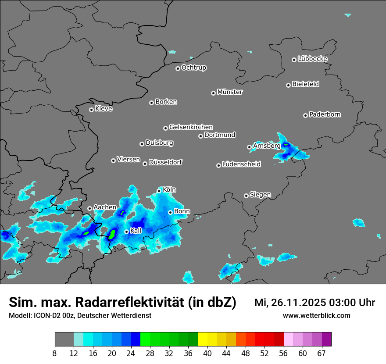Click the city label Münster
coord(230,92)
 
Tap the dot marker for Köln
coord(159,191)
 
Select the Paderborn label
coord(325,114)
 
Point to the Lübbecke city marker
coord(294,60)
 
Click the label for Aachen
coord(105,207)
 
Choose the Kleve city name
coord(104,109)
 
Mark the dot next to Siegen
coord(246,196)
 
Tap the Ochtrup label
coord(194,68)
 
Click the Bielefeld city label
coord(305,84)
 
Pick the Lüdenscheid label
coord(241,164)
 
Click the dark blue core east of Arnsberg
coord(286,144)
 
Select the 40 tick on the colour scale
coord(207,353)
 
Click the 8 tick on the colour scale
coord(55,353)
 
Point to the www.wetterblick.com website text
coord(316,315)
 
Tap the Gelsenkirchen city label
coord(191,127)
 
